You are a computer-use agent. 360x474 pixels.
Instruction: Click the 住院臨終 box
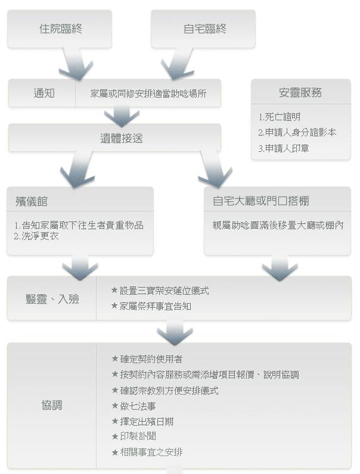(x=60, y=29)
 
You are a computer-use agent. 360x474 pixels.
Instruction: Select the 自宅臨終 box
(x=203, y=29)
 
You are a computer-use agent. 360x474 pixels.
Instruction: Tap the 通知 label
(x=44, y=93)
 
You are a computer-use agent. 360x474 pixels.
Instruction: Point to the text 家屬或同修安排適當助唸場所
(x=148, y=93)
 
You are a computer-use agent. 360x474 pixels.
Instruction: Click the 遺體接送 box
(x=114, y=138)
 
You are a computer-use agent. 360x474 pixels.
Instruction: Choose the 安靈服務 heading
(x=300, y=92)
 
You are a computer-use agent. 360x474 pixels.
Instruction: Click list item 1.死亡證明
(x=280, y=117)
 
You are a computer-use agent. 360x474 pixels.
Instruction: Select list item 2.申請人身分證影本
(x=297, y=132)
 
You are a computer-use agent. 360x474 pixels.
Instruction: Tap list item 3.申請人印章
(x=284, y=148)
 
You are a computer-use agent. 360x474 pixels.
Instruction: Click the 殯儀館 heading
(x=32, y=201)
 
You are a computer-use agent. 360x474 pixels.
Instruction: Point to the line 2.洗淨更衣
(x=36, y=236)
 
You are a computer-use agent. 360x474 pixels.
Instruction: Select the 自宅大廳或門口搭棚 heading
(x=261, y=201)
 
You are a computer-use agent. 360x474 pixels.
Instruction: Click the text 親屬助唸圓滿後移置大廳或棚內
(x=278, y=225)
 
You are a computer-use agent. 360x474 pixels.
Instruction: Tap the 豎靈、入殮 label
(x=52, y=299)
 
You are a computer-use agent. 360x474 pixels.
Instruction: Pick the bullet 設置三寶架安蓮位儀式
(x=160, y=291)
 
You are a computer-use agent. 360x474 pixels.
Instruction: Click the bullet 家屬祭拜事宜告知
(x=151, y=306)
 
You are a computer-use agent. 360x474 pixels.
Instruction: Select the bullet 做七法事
(x=134, y=406)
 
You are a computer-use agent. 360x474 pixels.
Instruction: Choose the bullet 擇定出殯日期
(x=142, y=422)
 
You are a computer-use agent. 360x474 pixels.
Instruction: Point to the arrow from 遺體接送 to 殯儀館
(x=79, y=169)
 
